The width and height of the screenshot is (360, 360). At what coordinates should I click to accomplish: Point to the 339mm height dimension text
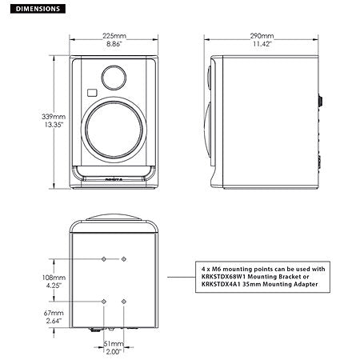pyautogui.click(x=30, y=116)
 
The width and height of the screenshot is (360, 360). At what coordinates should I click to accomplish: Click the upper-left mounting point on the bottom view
pyautogui.click(x=104, y=259)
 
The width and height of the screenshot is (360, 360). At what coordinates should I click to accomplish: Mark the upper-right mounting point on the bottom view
pyautogui.click(x=124, y=259)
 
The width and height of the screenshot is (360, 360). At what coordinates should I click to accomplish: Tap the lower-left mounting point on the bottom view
pyautogui.click(x=104, y=300)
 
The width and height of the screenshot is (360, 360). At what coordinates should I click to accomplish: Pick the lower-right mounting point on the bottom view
pyautogui.click(x=124, y=300)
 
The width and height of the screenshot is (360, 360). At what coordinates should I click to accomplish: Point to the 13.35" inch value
pyautogui.click(x=30, y=125)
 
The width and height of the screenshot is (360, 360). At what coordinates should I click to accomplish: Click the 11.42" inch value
pyautogui.click(x=262, y=46)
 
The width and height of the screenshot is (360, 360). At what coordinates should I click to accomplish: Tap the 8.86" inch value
pyautogui.click(x=114, y=46)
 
